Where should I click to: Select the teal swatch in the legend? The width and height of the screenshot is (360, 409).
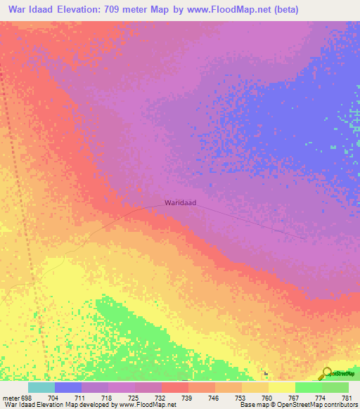click(x=41, y=387)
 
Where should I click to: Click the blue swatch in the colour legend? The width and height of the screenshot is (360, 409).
click(x=68, y=387)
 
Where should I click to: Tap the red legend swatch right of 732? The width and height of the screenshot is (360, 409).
click(x=174, y=387)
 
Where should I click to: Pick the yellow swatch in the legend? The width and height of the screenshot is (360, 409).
click(x=281, y=387)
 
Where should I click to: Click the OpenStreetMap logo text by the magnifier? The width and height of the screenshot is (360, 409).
click(x=345, y=374)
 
